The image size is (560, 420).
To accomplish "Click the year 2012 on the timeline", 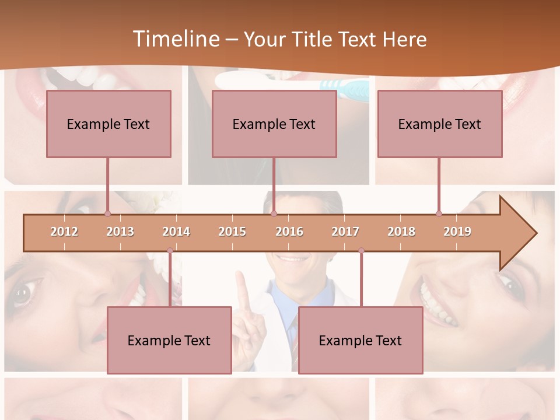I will point(64,232).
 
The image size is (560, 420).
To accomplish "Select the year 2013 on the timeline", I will point(120,232).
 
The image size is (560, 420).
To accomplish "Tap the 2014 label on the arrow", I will point(176,232).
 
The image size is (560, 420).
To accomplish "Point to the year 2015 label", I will point(232,232).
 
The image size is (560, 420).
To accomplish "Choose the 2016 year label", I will point(289,232).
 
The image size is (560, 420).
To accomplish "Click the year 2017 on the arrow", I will point(345,232).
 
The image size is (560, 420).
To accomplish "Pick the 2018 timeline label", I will point(401,232).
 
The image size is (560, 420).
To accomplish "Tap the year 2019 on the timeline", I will point(457,232).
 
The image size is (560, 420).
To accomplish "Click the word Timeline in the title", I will point(175,39).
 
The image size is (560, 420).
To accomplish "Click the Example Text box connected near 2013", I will point(108,124).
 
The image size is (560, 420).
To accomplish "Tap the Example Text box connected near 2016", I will point(274,124).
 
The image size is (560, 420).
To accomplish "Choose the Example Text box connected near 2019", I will point(440,124).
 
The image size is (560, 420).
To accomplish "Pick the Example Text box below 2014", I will point(169,340).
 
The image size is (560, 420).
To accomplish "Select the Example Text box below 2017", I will point(360,340).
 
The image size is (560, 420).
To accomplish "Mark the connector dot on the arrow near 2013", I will point(107,214).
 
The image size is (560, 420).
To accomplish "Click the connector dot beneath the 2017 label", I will point(361,251).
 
